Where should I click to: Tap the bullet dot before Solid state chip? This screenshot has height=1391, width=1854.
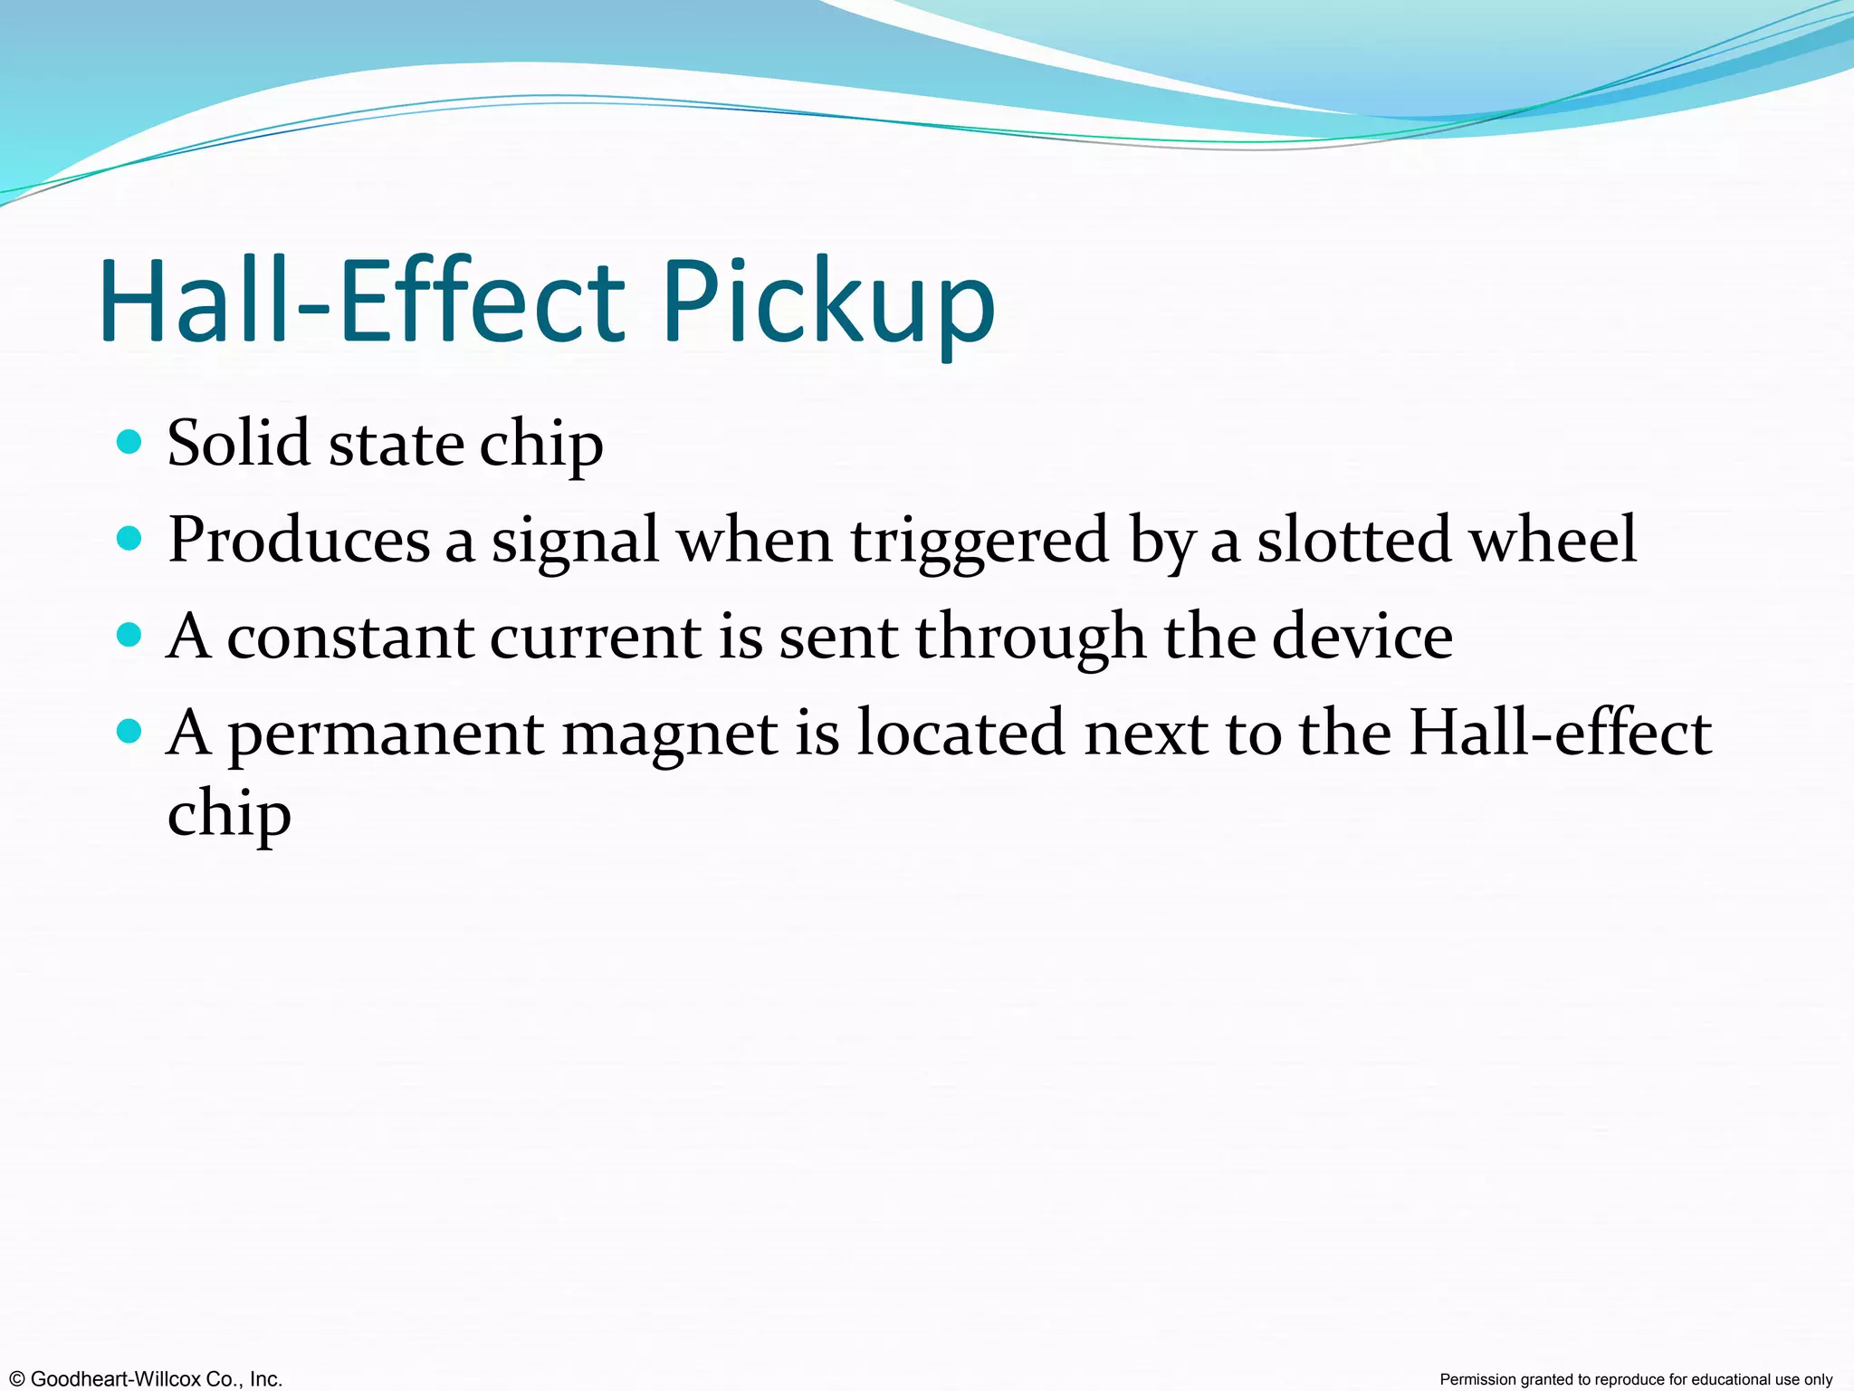click(130, 442)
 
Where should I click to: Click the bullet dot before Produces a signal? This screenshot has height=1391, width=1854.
click(130, 539)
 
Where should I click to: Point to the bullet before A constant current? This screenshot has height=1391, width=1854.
click(130, 635)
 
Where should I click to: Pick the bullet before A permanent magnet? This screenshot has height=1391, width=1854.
click(130, 731)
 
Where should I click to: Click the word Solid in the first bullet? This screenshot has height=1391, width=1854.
click(239, 444)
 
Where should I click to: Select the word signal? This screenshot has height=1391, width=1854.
click(575, 541)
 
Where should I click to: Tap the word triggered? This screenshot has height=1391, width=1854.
click(980, 541)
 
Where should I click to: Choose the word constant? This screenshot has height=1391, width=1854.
click(349, 637)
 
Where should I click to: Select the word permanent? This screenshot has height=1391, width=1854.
click(386, 734)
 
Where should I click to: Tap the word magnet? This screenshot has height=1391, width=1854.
click(670, 734)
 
